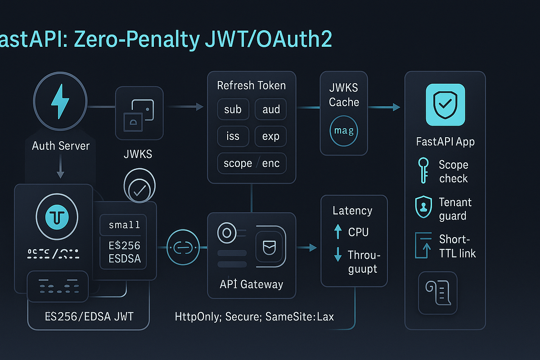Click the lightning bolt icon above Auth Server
60,103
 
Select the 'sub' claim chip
233,109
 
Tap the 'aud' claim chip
271,109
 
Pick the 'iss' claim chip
233,136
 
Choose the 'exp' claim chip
271,136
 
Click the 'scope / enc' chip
252,163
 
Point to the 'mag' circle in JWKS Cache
344,131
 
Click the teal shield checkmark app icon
445,105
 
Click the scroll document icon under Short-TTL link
437,292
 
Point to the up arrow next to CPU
338,232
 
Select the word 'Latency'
352,211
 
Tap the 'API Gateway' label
252,284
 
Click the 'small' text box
124,225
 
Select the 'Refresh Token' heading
252,85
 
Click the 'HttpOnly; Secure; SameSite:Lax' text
254,317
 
